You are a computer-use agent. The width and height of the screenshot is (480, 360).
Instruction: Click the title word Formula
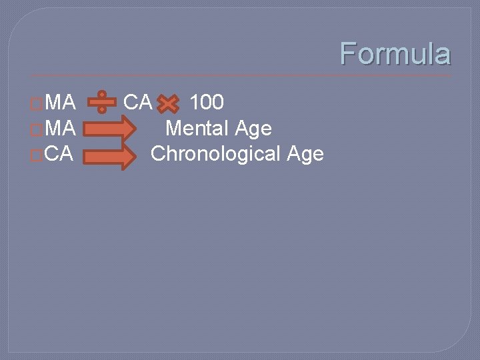click(395, 54)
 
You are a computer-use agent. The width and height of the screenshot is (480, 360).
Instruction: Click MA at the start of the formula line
click(61, 103)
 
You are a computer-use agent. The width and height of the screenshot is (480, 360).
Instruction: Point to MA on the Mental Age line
click(61, 127)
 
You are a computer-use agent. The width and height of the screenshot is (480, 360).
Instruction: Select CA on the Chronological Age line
click(60, 154)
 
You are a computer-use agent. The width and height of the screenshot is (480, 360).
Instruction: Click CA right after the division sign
click(138, 103)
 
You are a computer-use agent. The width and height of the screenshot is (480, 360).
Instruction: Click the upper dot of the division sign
click(102, 95)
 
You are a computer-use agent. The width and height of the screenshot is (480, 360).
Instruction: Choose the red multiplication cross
click(169, 104)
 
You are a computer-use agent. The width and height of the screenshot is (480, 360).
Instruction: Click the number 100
click(207, 103)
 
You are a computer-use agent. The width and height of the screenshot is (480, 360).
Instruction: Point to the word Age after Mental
click(253, 129)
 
